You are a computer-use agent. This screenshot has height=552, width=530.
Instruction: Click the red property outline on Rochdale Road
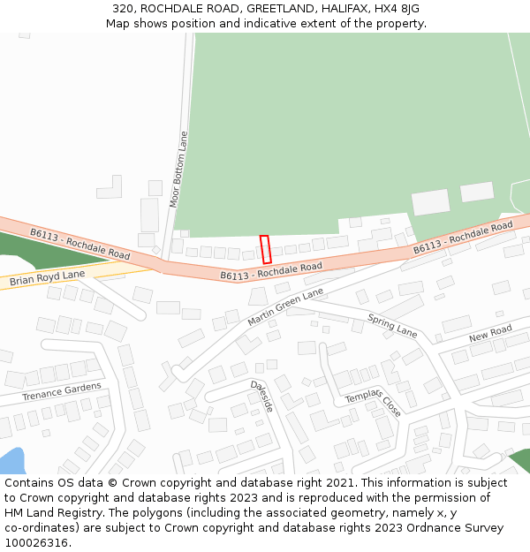pos(265,249)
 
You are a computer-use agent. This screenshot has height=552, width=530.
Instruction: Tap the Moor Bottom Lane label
pos(179,169)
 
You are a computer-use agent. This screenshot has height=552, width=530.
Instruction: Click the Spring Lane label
pos(392,326)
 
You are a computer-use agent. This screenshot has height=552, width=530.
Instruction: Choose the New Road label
pos(490,334)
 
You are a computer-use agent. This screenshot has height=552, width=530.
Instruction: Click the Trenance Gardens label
pos(62,391)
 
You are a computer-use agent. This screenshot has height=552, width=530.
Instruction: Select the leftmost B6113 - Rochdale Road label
pos(79,244)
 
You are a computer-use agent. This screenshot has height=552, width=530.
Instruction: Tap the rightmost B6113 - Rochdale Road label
pos(463,238)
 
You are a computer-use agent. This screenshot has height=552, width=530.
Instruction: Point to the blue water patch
pos(11,461)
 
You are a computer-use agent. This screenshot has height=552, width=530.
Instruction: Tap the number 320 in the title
pos(123,9)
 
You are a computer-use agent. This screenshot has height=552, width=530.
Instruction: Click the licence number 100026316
pos(35,543)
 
